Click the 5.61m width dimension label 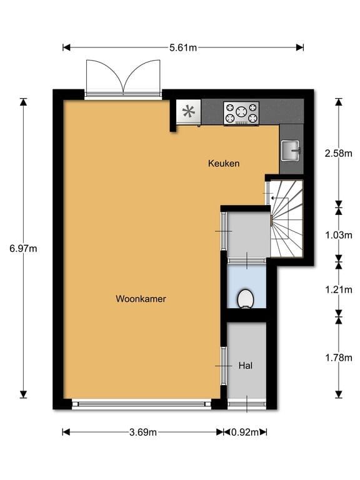coord(183,47)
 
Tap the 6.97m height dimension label coord(23,249)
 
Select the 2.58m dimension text coord(339,153)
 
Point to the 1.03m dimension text coord(339,235)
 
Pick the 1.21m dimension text coord(339,289)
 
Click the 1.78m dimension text coord(339,357)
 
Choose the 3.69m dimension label coord(143,432)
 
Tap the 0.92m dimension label coord(245,432)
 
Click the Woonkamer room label coord(141,299)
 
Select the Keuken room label coord(224,163)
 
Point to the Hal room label coord(246,366)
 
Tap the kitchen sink coord(291,150)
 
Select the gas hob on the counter coord(241,114)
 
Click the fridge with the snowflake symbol coord(189,112)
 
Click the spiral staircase coord(286,219)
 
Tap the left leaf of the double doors coord(105,76)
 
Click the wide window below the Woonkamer coord(141,404)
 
